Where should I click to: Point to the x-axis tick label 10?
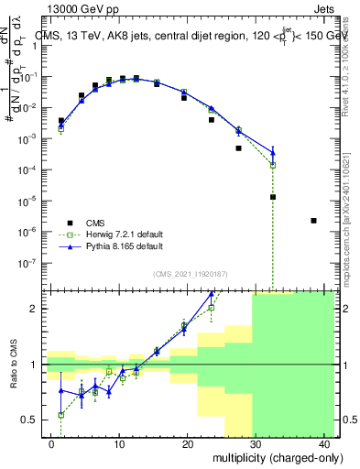(119, 444)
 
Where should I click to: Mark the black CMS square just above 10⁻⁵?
(273, 197)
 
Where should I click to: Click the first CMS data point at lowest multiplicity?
(61, 120)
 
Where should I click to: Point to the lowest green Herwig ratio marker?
(61, 415)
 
